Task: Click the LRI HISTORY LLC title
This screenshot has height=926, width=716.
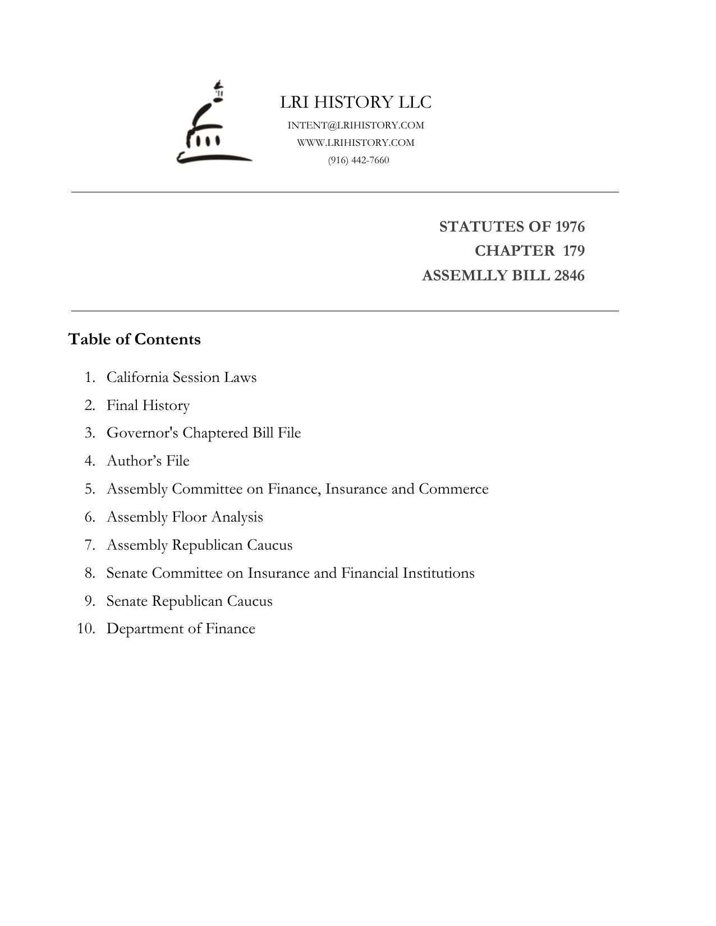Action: coord(356,102)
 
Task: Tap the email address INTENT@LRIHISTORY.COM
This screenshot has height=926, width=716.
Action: coord(356,125)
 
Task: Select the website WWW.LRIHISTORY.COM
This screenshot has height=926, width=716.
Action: coord(356,142)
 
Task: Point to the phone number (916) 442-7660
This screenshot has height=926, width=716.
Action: coord(359,160)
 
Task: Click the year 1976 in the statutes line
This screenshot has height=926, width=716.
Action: coord(570,227)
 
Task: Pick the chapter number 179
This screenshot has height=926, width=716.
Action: coord(573,251)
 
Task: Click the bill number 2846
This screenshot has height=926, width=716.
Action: coord(569,276)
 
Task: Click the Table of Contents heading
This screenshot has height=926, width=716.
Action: coord(135,339)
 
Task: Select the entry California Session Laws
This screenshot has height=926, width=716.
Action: coord(181,377)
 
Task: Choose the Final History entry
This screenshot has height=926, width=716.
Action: coord(148,405)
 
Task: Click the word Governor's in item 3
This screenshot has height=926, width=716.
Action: coord(143,433)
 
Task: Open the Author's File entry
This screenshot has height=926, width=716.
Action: coord(148,460)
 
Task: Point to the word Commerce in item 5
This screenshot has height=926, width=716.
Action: coord(453,489)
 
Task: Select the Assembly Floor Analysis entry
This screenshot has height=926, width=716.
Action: coord(185,517)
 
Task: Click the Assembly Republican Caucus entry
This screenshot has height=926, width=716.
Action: coord(199,545)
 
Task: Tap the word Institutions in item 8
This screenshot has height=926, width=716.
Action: coord(438,573)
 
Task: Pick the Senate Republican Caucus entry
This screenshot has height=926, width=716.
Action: coord(189,601)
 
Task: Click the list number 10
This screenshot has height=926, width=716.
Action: coord(85,628)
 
